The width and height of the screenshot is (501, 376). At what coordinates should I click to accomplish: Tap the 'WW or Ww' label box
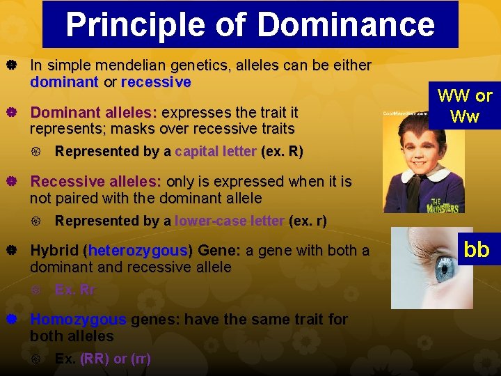coord(464,106)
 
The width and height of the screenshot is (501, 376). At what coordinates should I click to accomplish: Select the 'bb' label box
coord(476,250)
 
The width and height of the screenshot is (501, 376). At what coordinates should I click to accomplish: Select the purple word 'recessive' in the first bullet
coord(156,82)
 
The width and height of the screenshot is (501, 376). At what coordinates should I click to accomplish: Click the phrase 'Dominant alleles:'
coord(94,113)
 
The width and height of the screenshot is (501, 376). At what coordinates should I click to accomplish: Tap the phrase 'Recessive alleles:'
coord(95,182)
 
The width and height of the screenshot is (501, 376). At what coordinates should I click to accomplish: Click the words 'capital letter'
coord(216,151)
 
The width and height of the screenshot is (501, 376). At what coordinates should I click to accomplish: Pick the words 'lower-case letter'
coord(230,221)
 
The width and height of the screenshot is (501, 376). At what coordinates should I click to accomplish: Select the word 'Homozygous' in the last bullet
coord(78,320)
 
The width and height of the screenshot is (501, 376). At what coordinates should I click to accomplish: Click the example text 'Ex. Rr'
coord(75,290)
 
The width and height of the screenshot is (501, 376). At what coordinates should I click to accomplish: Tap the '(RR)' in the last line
coord(95,359)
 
